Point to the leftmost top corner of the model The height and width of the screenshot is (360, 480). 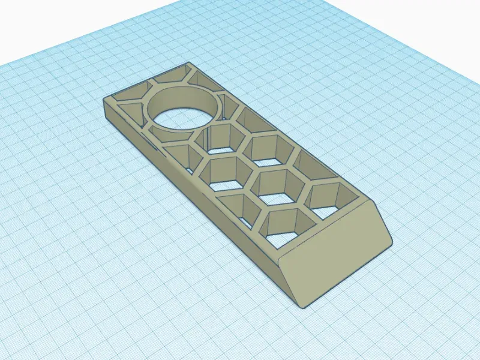coord(106,100)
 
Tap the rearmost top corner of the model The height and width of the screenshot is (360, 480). coord(187,64)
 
